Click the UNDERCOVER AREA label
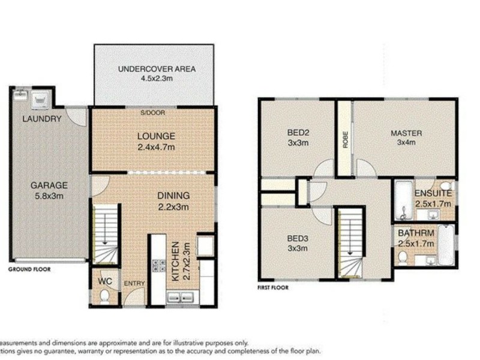(x=157, y=69)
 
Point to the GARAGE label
(x=49, y=185)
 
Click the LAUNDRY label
(x=42, y=119)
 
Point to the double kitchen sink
(x=179, y=297)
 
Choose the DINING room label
(x=173, y=196)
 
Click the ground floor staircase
(x=106, y=234)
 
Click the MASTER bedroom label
(x=406, y=133)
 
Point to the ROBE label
(x=345, y=140)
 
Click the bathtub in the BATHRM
(x=446, y=245)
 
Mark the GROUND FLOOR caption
(x=29, y=269)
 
